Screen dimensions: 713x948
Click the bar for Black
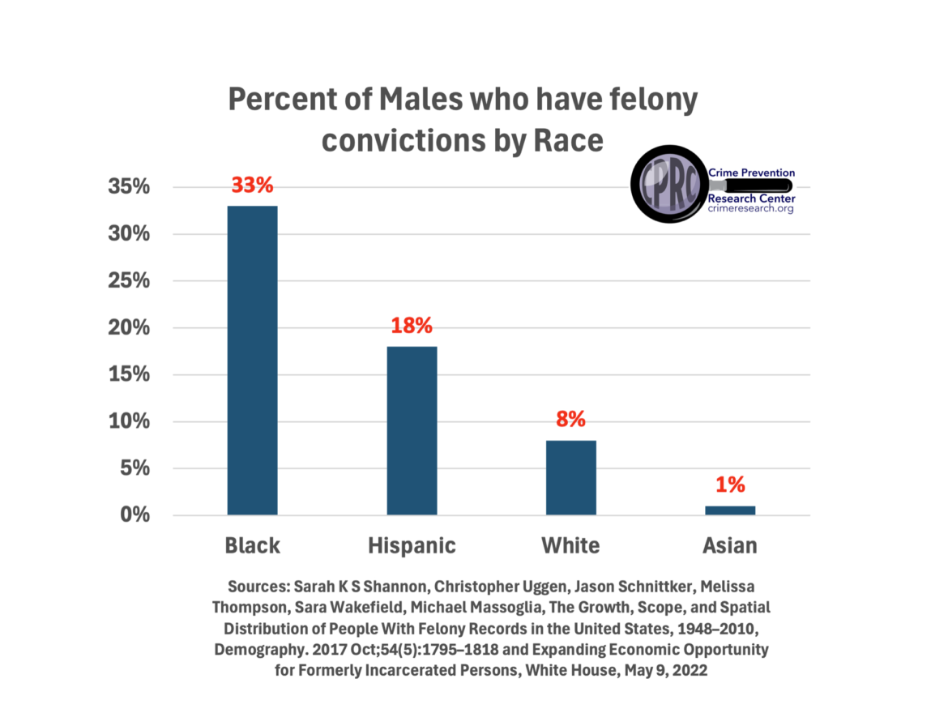point(252,360)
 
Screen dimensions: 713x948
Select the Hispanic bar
point(412,430)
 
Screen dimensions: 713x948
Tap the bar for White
point(570,477)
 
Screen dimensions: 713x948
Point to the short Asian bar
point(730,510)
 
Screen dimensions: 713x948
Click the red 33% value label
point(252,185)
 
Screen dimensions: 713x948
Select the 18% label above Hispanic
point(412,326)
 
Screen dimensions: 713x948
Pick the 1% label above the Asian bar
point(730,485)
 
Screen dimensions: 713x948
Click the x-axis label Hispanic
point(412,545)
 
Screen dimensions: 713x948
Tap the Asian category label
point(730,545)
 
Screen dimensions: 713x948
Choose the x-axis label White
point(570,545)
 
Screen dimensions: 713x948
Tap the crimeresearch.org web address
point(750,209)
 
